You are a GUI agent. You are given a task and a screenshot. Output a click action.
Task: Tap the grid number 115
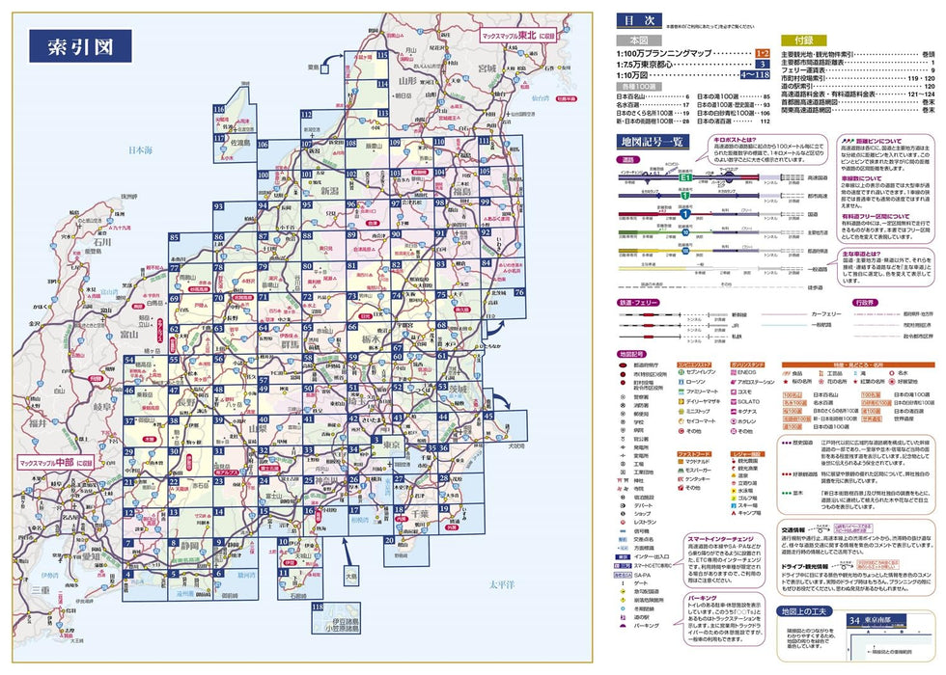(382, 56)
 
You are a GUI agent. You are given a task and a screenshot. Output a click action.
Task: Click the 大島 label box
(351, 580)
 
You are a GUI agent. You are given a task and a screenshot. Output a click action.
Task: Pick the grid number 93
(218, 207)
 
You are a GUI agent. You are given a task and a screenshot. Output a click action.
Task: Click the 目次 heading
(634, 19)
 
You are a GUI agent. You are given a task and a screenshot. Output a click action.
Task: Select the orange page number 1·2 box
(763, 54)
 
